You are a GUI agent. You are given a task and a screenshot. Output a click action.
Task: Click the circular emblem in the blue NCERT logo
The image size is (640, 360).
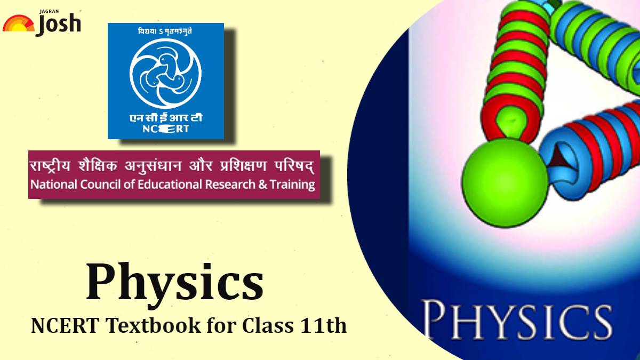point(166,72)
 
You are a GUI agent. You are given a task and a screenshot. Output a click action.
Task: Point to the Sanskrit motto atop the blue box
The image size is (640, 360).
point(166,30)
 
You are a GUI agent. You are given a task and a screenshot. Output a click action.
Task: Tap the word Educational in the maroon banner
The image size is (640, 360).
point(158,185)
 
